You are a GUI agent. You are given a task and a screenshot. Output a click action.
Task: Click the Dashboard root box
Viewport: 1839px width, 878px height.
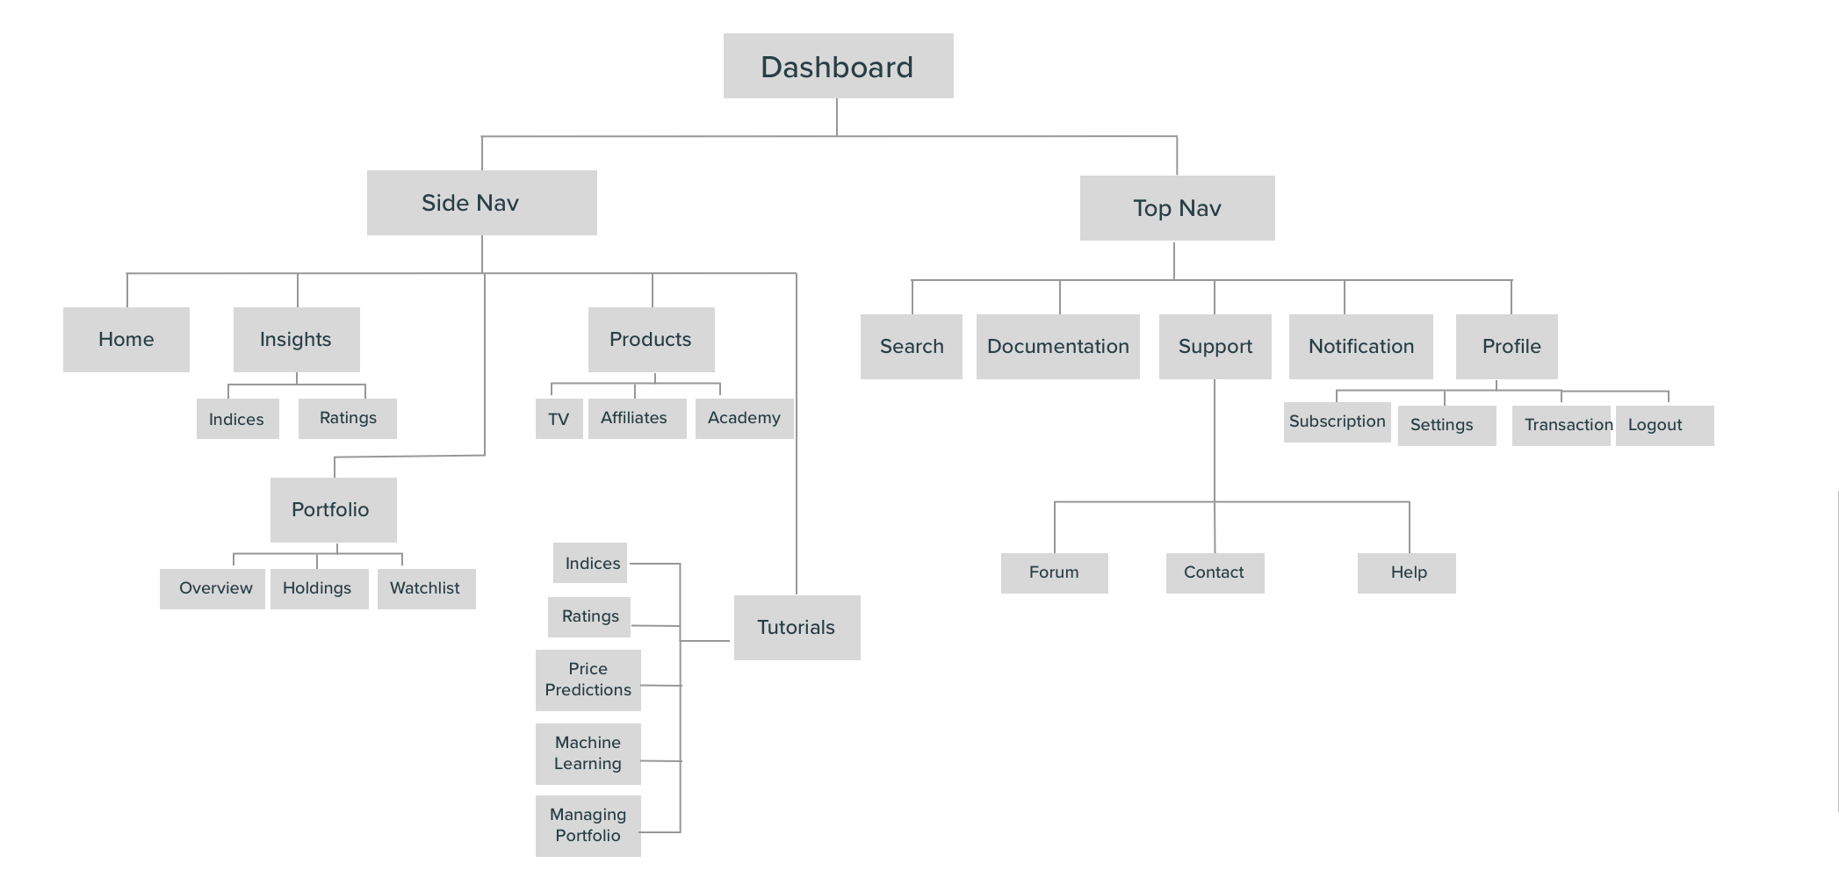pyautogui.click(x=838, y=67)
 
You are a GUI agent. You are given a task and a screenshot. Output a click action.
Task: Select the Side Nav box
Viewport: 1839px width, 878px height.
pyautogui.click(x=481, y=203)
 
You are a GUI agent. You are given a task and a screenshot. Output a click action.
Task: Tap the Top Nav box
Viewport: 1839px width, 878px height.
pyautogui.click(x=1177, y=208)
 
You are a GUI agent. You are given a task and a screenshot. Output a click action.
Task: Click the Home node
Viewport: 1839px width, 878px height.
pyautogui.click(x=126, y=340)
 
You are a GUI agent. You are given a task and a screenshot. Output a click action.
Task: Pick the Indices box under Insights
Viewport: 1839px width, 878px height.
pyautogui.click(x=237, y=419)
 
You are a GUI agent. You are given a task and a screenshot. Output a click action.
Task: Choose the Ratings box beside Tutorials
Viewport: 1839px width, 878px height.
pyautogui.click(x=589, y=617)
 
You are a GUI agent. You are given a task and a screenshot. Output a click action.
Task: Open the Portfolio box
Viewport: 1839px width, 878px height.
pyautogui.click(x=333, y=510)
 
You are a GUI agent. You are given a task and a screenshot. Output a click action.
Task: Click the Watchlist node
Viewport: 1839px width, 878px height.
pyautogui.click(x=426, y=588)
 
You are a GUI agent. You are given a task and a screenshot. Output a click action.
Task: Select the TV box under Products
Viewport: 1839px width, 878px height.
pyautogui.click(x=559, y=419)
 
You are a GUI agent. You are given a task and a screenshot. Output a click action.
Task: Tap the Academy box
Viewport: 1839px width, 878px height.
pyautogui.click(x=744, y=419)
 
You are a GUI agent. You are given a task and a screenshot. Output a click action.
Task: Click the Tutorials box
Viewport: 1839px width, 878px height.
pyautogui.click(x=797, y=628)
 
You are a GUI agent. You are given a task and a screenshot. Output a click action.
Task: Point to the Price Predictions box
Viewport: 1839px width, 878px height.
pyautogui.click(x=588, y=680)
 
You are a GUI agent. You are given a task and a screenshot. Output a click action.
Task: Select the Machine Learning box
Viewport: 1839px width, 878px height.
pyautogui.click(x=588, y=754)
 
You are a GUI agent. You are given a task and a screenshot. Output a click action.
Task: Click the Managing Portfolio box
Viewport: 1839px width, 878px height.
pyautogui.click(x=588, y=826)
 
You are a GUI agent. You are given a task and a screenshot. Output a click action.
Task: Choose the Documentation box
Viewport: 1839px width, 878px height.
pyautogui.click(x=1057, y=347)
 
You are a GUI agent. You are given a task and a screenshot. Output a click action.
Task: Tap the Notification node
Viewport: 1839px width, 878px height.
pyautogui.click(x=1360, y=347)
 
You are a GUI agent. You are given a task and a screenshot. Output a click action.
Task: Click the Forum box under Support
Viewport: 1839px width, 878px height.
pyautogui.click(x=1054, y=573)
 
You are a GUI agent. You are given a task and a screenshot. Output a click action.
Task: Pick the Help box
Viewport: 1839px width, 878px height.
pyautogui.click(x=1407, y=573)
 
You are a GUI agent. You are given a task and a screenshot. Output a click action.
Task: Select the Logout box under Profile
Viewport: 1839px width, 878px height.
pyautogui.click(x=1664, y=426)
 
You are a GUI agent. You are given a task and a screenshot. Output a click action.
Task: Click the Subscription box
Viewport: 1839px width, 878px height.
pyautogui.click(x=1337, y=422)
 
